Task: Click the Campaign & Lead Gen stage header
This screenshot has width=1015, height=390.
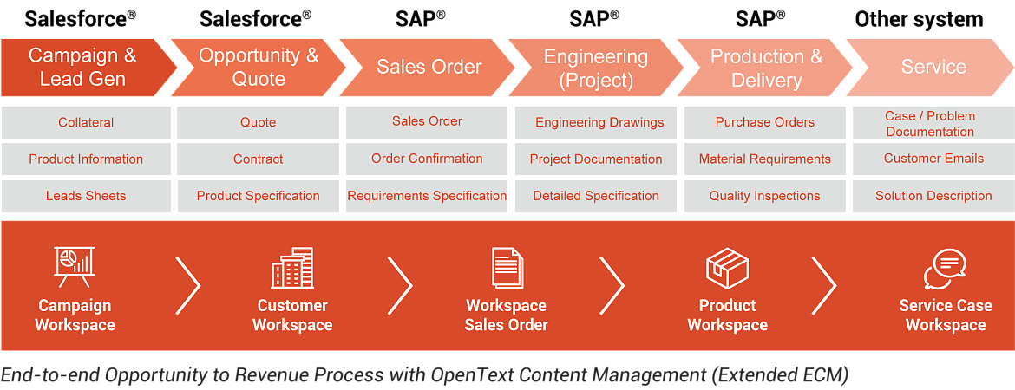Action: tap(82, 68)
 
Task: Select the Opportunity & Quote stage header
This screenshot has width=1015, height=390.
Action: tap(259, 68)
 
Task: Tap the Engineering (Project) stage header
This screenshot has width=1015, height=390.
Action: tap(596, 68)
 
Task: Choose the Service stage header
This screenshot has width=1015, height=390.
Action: tap(933, 68)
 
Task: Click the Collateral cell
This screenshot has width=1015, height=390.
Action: tap(86, 122)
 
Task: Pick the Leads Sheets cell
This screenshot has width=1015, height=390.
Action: tap(86, 196)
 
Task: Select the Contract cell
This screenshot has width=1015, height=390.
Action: tap(258, 159)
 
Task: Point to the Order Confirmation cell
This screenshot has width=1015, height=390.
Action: tap(427, 159)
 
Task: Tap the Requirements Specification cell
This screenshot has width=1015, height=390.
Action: tap(427, 196)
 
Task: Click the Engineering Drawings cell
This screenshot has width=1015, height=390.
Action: tap(599, 122)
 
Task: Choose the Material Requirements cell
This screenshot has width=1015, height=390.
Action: tap(765, 159)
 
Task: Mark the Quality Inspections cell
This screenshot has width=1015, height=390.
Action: tap(765, 196)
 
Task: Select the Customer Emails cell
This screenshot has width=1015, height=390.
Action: tap(933, 159)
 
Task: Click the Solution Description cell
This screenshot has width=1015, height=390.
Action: tap(933, 196)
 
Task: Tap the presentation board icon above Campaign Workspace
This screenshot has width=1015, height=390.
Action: tap(75, 267)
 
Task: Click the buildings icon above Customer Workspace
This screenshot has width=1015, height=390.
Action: tap(292, 268)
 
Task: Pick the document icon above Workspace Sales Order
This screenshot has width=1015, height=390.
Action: tap(507, 268)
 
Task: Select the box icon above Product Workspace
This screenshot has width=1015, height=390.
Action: tap(727, 268)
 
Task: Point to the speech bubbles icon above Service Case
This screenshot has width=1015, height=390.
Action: tap(945, 269)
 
